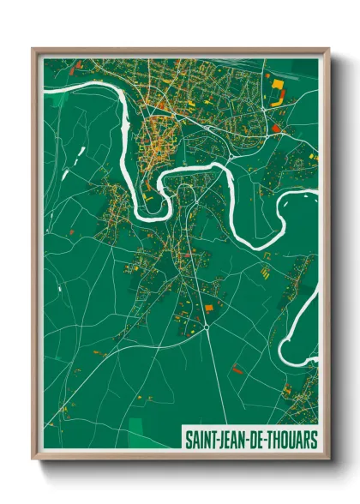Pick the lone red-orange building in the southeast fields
tap(237, 370)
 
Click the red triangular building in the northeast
tap(277, 129)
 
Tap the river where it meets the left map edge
tap(45, 87)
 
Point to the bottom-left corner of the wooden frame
tap(33, 459)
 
